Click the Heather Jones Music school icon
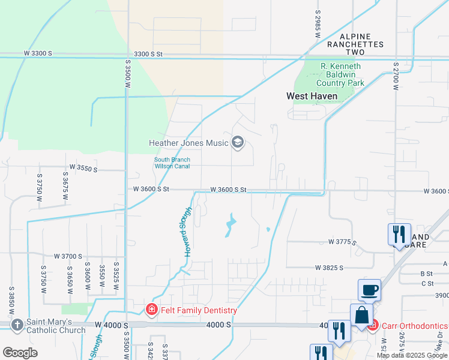[x=238, y=143]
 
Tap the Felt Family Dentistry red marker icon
[x=152, y=310]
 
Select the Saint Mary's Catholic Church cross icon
[x=17, y=325]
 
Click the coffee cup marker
[x=369, y=290]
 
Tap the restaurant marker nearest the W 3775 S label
[x=399, y=235]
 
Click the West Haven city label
[x=311, y=96]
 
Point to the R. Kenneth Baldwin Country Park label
[x=340, y=74]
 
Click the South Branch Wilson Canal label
[x=172, y=163]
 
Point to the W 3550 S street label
[x=83, y=168]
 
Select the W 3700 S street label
[x=68, y=256]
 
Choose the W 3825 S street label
[x=329, y=267]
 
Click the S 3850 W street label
[x=11, y=301]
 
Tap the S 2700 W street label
[x=396, y=77]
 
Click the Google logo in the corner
[x=20, y=352]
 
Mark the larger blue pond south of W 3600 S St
[x=231, y=225]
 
